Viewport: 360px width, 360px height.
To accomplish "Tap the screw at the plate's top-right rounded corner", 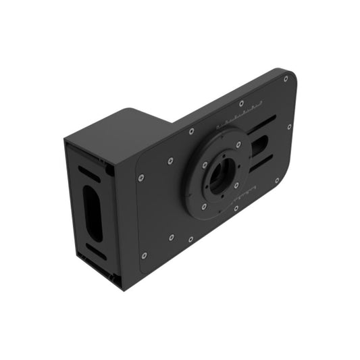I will pos(286,78).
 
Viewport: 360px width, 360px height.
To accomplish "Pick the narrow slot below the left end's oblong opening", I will pos(96,252).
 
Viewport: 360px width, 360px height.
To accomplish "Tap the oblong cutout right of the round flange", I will pos(260,147).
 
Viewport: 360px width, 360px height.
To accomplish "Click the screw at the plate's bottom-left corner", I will pos(144,255).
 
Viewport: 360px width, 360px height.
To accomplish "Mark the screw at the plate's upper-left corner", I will pos(140,178).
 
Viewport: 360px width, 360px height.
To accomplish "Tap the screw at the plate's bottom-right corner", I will pos(277,180).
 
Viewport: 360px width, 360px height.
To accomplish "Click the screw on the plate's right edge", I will pos(290,126).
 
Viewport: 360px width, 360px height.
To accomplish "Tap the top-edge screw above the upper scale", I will pos(241,103).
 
